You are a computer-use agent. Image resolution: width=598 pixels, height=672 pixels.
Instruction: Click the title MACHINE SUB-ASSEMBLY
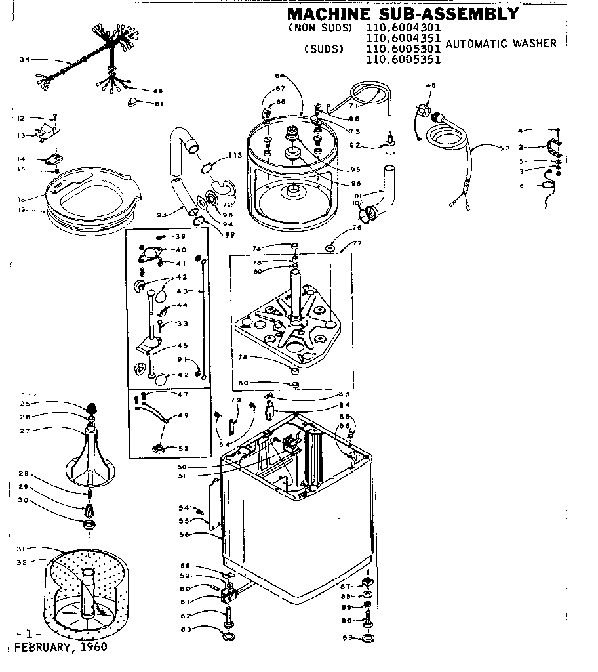tap(403, 13)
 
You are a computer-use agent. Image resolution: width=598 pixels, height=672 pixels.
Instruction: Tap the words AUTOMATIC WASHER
tap(501, 43)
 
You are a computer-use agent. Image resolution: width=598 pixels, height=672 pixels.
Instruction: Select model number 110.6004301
tap(403, 28)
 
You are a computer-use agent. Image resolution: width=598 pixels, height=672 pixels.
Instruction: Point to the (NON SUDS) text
tap(319, 28)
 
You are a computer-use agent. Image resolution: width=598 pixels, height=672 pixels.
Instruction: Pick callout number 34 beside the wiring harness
tap(24, 60)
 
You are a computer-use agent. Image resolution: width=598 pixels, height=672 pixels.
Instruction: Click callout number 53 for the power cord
tap(504, 148)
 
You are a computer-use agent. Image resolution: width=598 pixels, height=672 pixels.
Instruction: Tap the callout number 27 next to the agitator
tap(24, 430)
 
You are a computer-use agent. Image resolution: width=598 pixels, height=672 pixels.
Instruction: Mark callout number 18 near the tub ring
tap(22, 199)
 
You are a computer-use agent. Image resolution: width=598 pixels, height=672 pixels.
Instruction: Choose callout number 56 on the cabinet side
tap(185, 535)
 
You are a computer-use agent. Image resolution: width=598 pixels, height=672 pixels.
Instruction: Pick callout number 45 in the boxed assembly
tap(182, 346)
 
